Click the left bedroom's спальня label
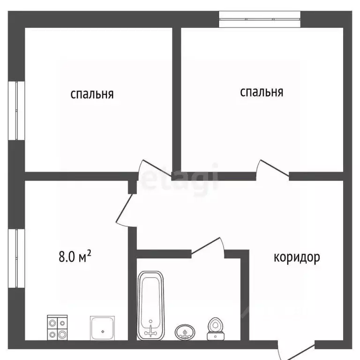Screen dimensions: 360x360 click(x=92, y=94)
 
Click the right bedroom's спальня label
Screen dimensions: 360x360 click(x=262, y=92)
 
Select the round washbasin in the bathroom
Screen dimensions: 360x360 click(x=185, y=332)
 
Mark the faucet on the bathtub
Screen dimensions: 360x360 click(x=151, y=330)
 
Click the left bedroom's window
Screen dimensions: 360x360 click(x=17, y=110)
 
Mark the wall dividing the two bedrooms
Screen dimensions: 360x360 click(x=177, y=98)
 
